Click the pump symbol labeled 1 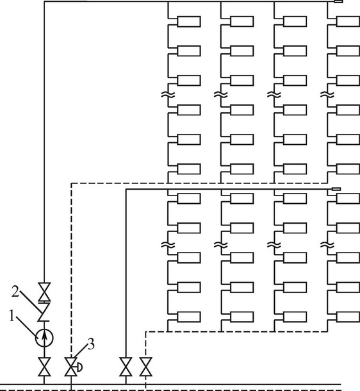pyautogui.click(x=44, y=338)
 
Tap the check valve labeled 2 pyautogui.click(x=44, y=312)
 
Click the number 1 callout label pyautogui.click(x=12, y=316)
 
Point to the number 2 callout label pyautogui.click(x=15, y=292)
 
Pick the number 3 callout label pyautogui.click(x=91, y=345)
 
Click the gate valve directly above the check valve pyautogui.click(x=44, y=292)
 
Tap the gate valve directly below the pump pyautogui.click(x=44, y=367)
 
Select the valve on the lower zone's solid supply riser pyautogui.click(x=126, y=367)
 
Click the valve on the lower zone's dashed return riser pyautogui.click(x=146, y=367)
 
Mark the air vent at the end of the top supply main pyautogui.click(x=338, y=1)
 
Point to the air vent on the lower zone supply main pyautogui.click(x=336, y=189)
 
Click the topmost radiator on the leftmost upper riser pyautogui.click(x=189, y=21)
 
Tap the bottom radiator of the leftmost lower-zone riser pyautogui.click(x=189, y=317)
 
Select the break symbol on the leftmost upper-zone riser pyautogui.click(x=168, y=95)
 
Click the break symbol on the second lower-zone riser pyautogui.click(x=221, y=245)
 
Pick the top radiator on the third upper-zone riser pyautogui.click(x=295, y=21)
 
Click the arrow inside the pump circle pyautogui.click(x=44, y=338)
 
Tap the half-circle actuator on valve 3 pyautogui.click(x=80, y=367)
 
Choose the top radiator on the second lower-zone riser pyautogui.click(x=242, y=199)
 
